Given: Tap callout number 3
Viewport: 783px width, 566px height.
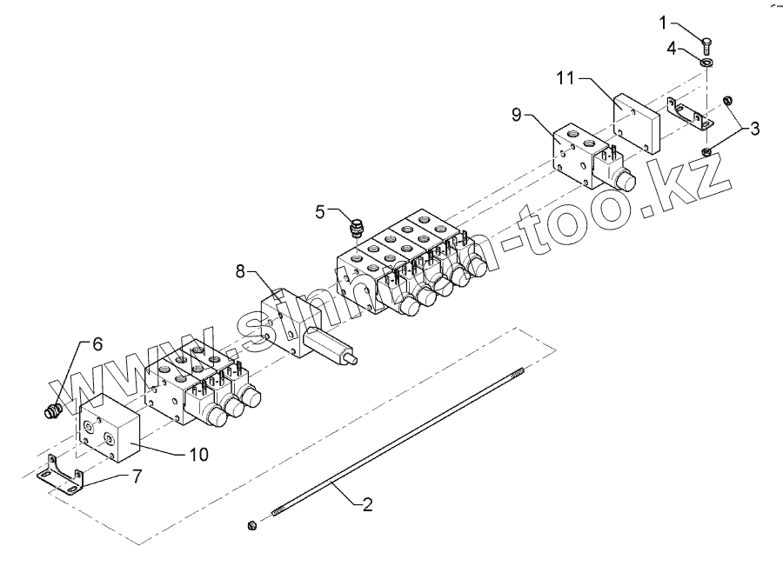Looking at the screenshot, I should pos(753,130).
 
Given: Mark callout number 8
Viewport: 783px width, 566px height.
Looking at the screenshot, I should pos(240,272).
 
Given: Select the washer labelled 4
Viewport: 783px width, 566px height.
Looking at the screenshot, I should pos(707,61).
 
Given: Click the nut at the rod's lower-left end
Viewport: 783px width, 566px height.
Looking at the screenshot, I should pos(251,523).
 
